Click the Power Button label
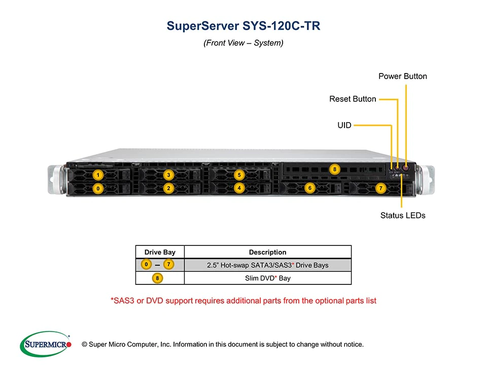(x=403, y=77)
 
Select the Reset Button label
(x=353, y=99)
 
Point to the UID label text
(x=344, y=125)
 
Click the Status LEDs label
(x=403, y=215)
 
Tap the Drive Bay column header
(x=160, y=252)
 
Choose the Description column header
(x=267, y=252)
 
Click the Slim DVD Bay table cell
(x=267, y=278)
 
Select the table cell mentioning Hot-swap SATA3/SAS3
(x=267, y=265)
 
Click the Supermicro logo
(x=45, y=344)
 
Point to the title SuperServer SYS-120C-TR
(x=243, y=26)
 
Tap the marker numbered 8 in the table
(x=159, y=278)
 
